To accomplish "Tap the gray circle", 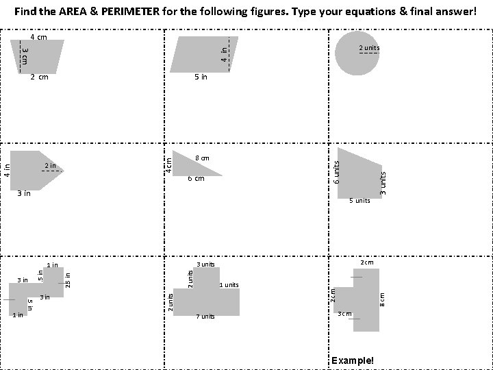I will pyautogui.click(x=357, y=53).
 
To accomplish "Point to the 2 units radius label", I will pyautogui.click(x=369, y=48).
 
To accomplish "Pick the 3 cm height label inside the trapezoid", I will pyautogui.click(x=24, y=55).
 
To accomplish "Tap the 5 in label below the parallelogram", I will pyautogui.click(x=200, y=77).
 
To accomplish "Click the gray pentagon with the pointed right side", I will pyautogui.click(x=34, y=169).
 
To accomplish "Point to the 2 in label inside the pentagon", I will pyautogui.click(x=50, y=166).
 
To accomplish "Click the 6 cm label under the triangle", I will pyautogui.click(x=196, y=179).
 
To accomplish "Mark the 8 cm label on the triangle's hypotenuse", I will pyautogui.click(x=202, y=158).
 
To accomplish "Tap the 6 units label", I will pyautogui.click(x=336, y=171).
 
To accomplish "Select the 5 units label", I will pyautogui.click(x=359, y=201).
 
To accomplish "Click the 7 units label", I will pyautogui.click(x=205, y=317).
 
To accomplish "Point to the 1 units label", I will pyautogui.click(x=229, y=284).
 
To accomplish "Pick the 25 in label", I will pyautogui.click(x=67, y=280).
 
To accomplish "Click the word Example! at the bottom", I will pyautogui.click(x=353, y=360).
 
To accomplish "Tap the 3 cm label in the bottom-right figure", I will pyautogui.click(x=344, y=314).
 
